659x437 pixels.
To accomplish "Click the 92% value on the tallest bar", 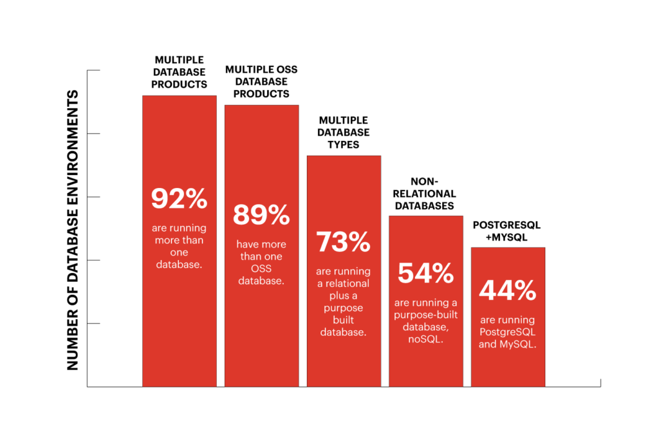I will (x=179, y=198).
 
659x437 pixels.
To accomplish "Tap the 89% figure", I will (x=261, y=215).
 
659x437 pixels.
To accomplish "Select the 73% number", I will (x=344, y=241).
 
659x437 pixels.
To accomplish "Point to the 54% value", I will (x=426, y=273).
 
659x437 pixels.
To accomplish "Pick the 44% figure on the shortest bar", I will (x=508, y=291).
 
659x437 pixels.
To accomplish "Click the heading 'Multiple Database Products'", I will (x=179, y=72).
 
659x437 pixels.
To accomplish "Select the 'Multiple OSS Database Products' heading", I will (x=261, y=81).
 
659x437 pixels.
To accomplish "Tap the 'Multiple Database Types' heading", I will (x=344, y=132).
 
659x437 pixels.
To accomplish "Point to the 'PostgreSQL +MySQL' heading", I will (x=508, y=230).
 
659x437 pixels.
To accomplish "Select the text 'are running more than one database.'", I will (x=179, y=245).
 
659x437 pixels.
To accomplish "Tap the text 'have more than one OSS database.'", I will (x=261, y=263).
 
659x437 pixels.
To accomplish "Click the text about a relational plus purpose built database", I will (x=344, y=301).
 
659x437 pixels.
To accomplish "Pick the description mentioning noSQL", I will (x=426, y=321).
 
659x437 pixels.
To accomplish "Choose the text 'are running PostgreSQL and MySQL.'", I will (x=508, y=332).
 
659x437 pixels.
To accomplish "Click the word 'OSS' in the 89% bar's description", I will (x=261, y=268).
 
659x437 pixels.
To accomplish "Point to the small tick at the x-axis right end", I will (x=600, y=383).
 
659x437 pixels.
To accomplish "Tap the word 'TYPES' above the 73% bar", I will (x=344, y=145).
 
